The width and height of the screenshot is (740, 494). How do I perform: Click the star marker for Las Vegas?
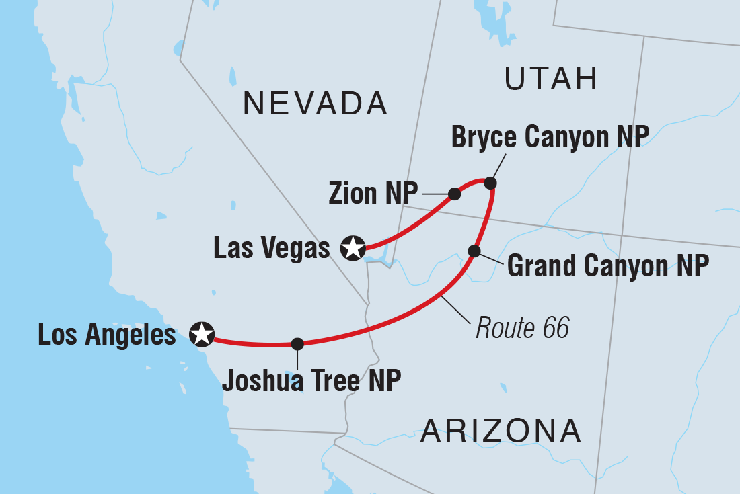pyautogui.click(x=353, y=247)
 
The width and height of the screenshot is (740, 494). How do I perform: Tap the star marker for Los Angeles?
pyautogui.click(x=202, y=333)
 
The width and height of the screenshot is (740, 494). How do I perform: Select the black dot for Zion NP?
pyautogui.click(x=454, y=194)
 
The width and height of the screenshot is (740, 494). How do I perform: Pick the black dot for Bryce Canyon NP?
pyautogui.click(x=491, y=183)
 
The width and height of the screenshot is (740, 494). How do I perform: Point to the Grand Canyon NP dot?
pyautogui.click(x=474, y=251)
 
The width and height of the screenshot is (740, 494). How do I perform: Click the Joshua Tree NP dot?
pyautogui.click(x=297, y=343)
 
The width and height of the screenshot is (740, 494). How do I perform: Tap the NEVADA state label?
pyautogui.click(x=315, y=104)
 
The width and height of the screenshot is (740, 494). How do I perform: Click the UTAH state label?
pyautogui.click(x=552, y=79)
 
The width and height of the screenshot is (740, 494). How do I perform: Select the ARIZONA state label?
pyautogui.click(x=501, y=430)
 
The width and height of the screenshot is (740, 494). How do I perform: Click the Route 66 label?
pyautogui.click(x=522, y=329)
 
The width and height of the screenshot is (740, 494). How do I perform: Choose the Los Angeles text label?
pyautogui.click(x=107, y=334)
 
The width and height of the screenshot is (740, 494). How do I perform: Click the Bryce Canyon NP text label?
pyautogui.click(x=550, y=137)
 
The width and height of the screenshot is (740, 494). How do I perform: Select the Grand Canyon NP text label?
pyautogui.click(x=607, y=266)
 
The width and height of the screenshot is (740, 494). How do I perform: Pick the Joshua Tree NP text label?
pyautogui.click(x=311, y=380)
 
